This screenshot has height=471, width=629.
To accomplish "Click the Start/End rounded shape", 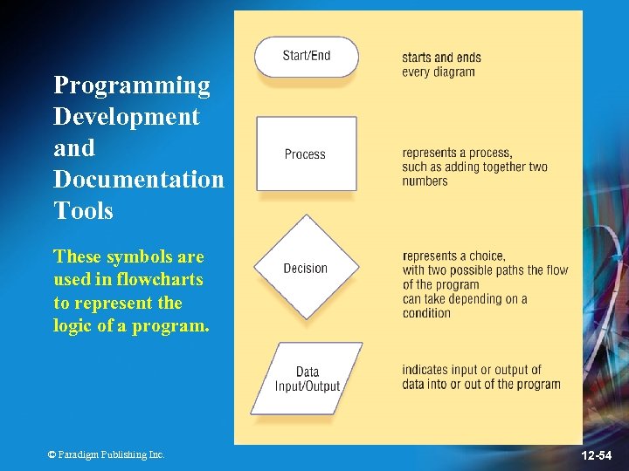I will click(x=306, y=57).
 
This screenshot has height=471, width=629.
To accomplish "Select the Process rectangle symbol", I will click(x=306, y=154).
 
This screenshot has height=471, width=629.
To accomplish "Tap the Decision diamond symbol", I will click(x=306, y=268).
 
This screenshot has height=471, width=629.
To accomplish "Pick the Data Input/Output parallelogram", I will click(x=306, y=379).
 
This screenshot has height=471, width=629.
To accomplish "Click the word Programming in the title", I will click(x=132, y=85).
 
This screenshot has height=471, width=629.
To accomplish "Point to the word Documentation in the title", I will click(x=138, y=180).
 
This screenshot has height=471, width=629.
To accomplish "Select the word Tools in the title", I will click(x=83, y=211).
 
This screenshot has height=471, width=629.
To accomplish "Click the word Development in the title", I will click(x=126, y=117).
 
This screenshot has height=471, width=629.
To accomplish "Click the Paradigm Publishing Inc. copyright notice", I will click(x=106, y=454).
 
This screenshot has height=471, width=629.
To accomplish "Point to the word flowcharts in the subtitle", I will click(x=153, y=280).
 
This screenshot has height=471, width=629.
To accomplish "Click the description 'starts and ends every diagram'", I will click(x=440, y=65).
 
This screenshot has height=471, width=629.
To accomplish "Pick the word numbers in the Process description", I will click(x=425, y=181).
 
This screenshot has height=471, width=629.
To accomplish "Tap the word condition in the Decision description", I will click(x=426, y=313).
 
